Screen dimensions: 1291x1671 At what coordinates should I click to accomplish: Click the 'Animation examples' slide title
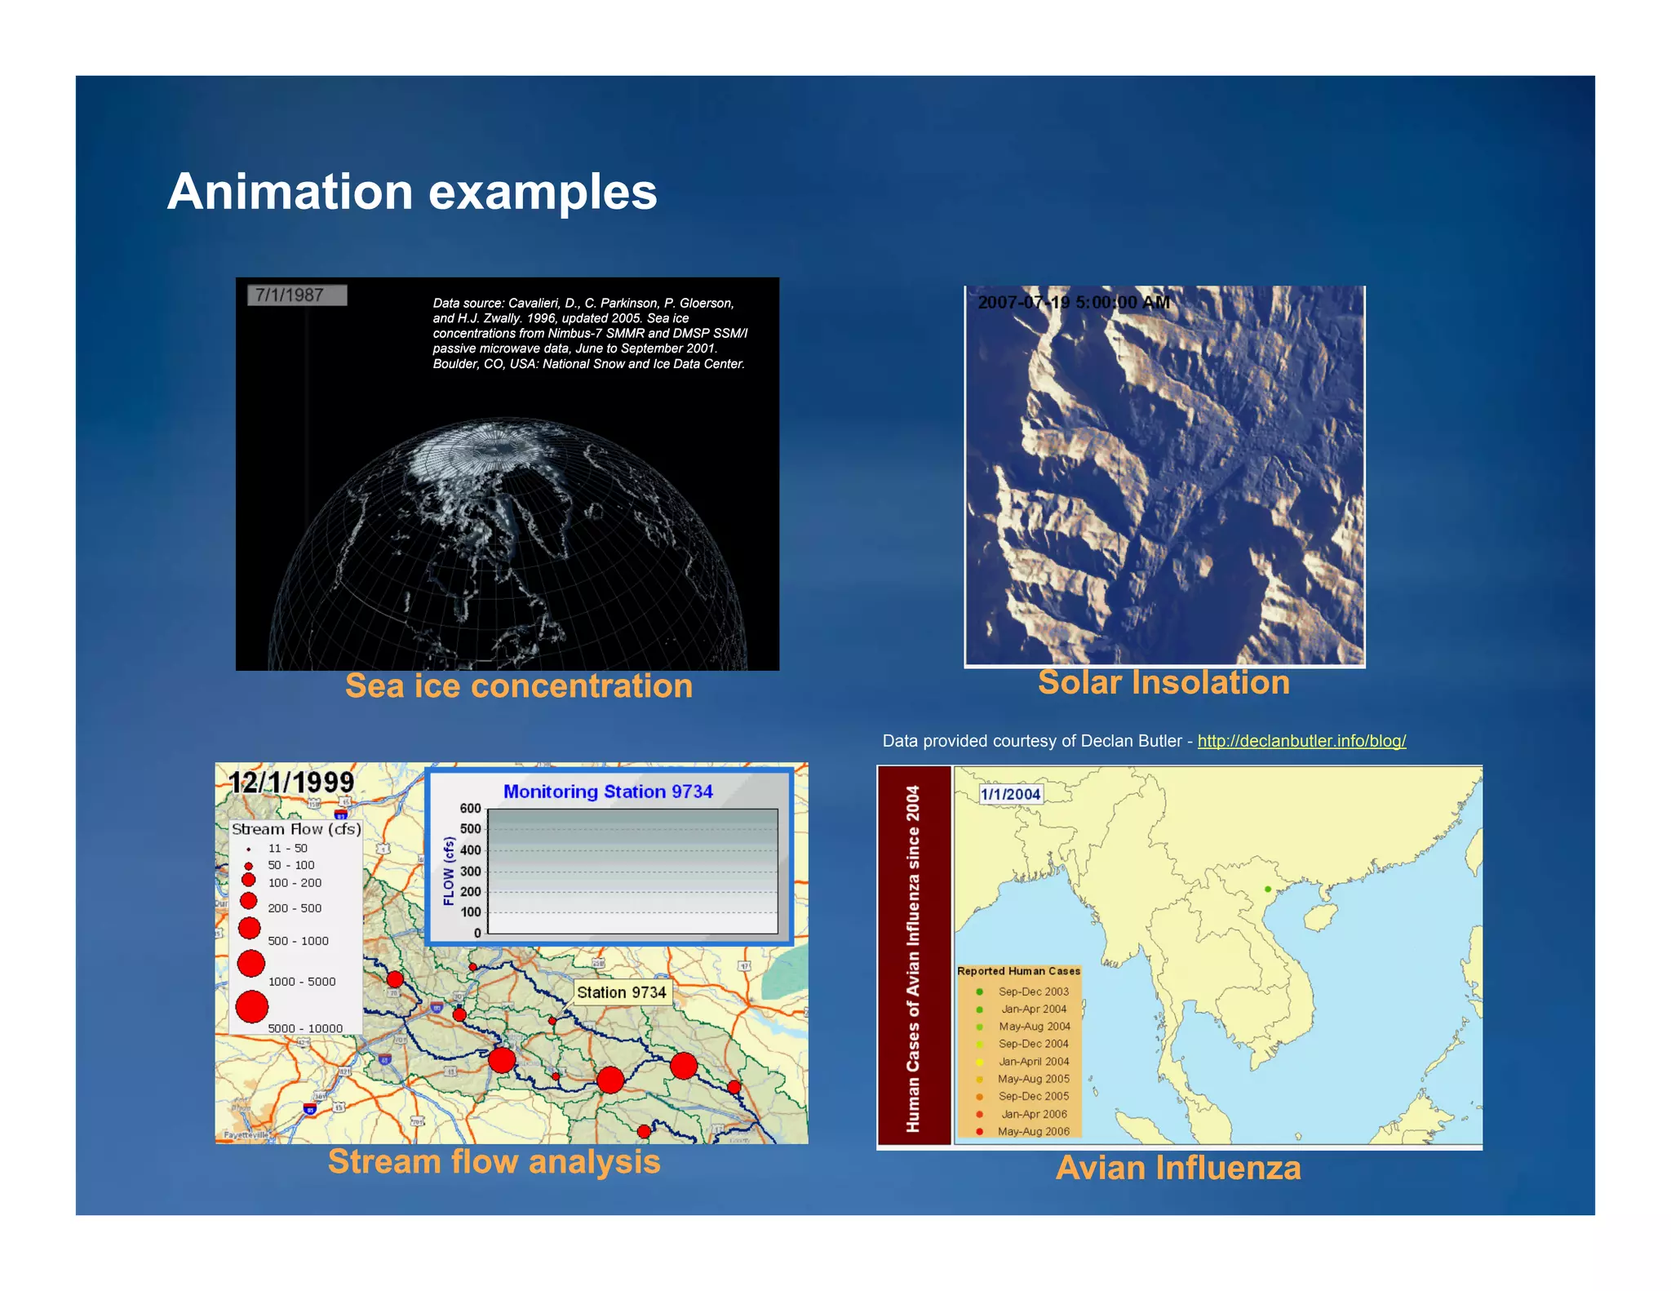[411, 193]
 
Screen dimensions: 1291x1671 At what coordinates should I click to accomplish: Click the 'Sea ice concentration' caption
[518, 686]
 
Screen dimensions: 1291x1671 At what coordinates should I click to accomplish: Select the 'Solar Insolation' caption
[1163, 683]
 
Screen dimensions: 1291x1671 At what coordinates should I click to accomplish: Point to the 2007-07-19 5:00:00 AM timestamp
[1073, 303]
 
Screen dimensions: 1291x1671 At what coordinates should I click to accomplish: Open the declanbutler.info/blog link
[1301, 741]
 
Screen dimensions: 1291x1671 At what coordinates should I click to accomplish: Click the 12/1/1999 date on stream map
[291, 783]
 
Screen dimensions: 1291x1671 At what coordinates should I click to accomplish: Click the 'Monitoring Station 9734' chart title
[608, 792]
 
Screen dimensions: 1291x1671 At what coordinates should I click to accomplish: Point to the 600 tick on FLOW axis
[471, 809]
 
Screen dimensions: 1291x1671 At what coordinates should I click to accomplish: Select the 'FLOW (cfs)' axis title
[449, 872]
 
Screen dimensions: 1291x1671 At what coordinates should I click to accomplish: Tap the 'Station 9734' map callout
[621, 992]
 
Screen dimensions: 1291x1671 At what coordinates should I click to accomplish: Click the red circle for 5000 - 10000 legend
[252, 1006]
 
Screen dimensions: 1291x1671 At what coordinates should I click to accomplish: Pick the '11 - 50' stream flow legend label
[287, 849]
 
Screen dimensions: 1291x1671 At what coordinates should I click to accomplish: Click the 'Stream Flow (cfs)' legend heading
[295, 829]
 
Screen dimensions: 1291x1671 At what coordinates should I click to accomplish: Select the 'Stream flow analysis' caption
[494, 1162]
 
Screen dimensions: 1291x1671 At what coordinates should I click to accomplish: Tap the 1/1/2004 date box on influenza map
[1010, 794]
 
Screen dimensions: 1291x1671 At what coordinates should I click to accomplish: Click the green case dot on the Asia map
[1267, 890]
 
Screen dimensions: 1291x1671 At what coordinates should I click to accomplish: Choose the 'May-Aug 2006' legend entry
[1033, 1131]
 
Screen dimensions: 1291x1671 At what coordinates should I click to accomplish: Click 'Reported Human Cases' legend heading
[1018, 971]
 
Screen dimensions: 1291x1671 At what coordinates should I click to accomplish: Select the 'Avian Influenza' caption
[1177, 1169]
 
